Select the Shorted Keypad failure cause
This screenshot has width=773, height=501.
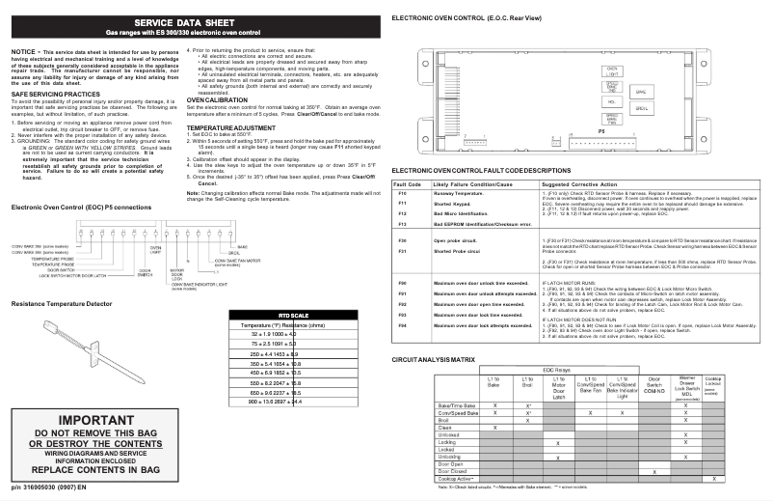(452, 205)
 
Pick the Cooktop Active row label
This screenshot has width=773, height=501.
(458, 479)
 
